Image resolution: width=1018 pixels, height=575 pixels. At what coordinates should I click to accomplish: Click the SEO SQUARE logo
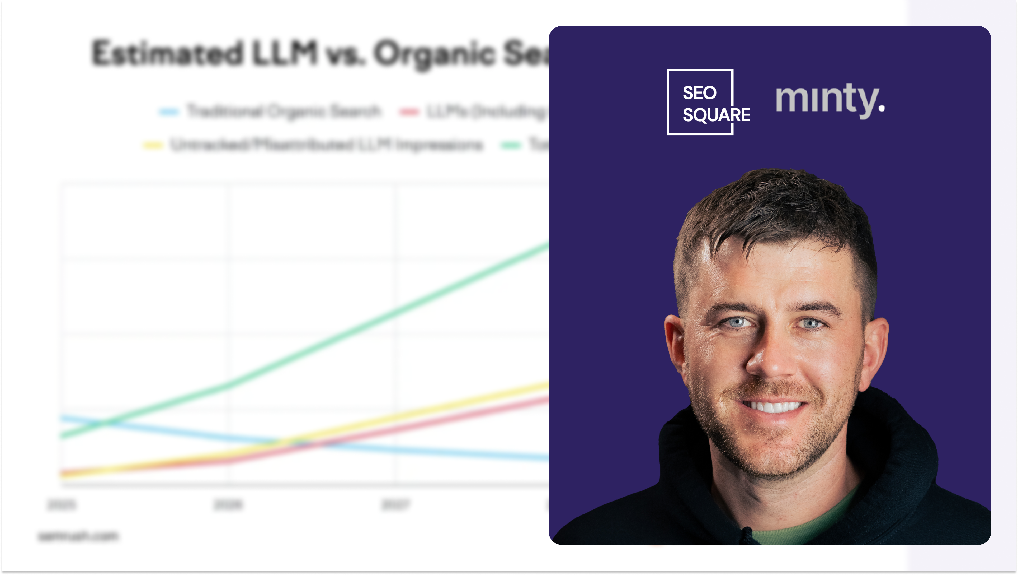pyautogui.click(x=700, y=102)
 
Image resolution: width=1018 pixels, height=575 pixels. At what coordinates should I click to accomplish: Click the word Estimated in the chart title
pyautogui.click(x=167, y=53)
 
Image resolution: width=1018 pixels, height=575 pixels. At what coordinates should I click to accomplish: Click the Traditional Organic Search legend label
pyautogui.click(x=284, y=112)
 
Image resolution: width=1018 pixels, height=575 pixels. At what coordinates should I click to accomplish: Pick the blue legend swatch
pyautogui.click(x=169, y=112)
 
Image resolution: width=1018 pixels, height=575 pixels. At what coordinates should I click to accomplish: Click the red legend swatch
pyautogui.click(x=409, y=112)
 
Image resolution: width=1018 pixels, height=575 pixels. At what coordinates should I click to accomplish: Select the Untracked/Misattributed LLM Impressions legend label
pyautogui.click(x=326, y=145)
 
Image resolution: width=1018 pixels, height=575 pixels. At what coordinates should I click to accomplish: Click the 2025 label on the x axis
pyautogui.click(x=62, y=505)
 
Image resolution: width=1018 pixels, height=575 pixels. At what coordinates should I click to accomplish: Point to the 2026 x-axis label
pyautogui.click(x=228, y=505)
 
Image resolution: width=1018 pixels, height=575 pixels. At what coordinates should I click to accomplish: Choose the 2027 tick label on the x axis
pyautogui.click(x=395, y=505)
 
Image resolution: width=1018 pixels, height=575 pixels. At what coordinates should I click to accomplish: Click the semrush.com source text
pyautogui.click(x=78, y=536)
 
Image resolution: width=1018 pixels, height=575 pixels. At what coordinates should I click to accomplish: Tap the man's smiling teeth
pyautogui.click(x=772, y=406)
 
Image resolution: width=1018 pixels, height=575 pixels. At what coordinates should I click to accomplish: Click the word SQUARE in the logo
pyautogui.click(x=716, y=115)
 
